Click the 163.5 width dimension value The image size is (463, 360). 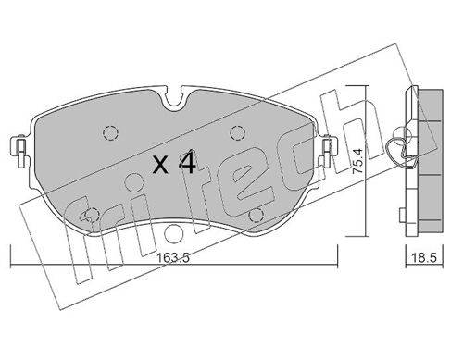(173, 258)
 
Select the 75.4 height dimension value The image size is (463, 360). (357, 162)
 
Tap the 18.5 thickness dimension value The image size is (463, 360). (425, 258)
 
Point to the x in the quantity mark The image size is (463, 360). (161, 166)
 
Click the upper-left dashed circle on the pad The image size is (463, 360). (110, 133)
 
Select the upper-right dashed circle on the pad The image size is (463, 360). (238, 133)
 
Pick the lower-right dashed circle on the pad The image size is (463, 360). (257, 215)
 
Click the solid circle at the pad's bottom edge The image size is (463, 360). (173, 233)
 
